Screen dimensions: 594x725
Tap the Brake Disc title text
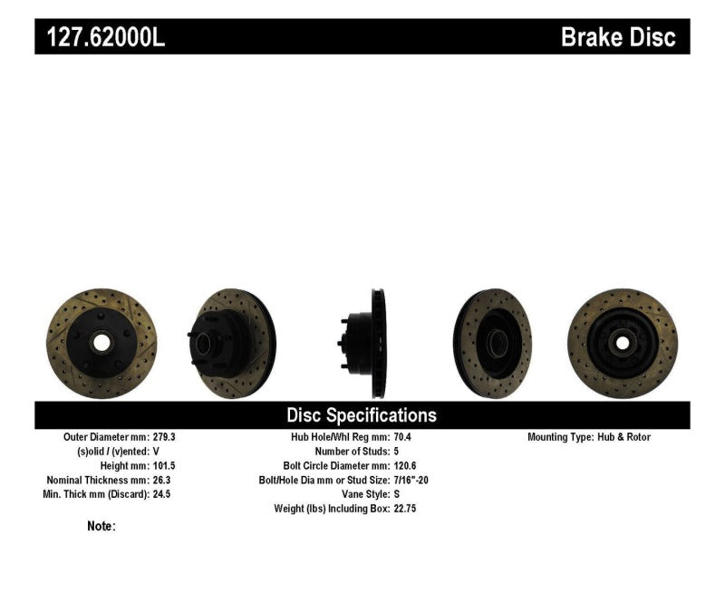coord(618,37)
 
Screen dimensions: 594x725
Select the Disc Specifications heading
coord(362,415)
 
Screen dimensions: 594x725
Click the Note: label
coord(101,526)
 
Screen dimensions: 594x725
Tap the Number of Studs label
coord(351,452)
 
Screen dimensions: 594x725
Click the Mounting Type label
coord(560,437)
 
